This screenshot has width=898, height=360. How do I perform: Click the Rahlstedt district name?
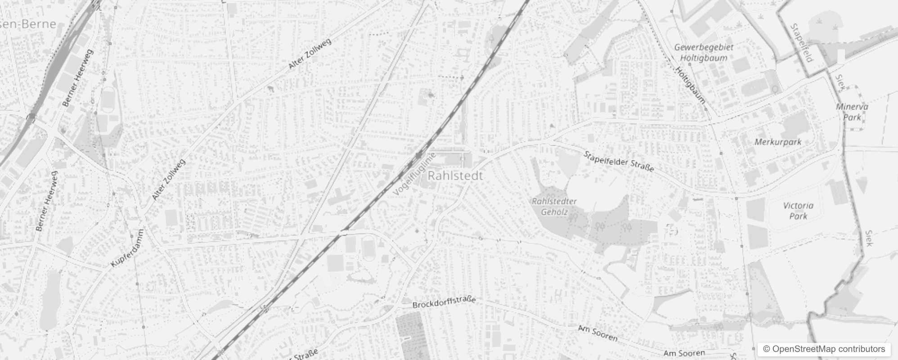[x=455, y=175]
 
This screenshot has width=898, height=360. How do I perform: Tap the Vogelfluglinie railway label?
[x=415, y=174]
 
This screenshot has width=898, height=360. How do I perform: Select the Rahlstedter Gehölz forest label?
[x=554, y=207]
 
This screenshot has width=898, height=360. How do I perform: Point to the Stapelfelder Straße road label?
[x=619, y=162]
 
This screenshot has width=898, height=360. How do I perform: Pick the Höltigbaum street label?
[x=690, y=85]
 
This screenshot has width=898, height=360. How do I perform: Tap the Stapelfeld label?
[x=802, y=43]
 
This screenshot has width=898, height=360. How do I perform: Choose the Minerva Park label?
[x=852, y=112]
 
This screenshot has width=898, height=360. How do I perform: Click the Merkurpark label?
[x=778, y=142]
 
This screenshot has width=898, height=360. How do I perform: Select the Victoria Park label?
[x=798, y=211]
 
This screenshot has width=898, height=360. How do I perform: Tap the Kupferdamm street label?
[x=127, y=248]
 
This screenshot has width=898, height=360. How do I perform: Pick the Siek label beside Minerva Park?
[x=840, y=83]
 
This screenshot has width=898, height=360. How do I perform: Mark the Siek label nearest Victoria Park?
[x=869, y=238]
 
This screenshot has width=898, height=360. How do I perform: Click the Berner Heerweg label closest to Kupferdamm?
[x=47, y=201]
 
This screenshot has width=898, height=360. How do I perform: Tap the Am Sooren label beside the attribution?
[x=684, y=353]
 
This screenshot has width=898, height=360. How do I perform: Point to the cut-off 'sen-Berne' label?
[x=28, y=24]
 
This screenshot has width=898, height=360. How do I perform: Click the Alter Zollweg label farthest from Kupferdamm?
[x=310, y=54]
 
